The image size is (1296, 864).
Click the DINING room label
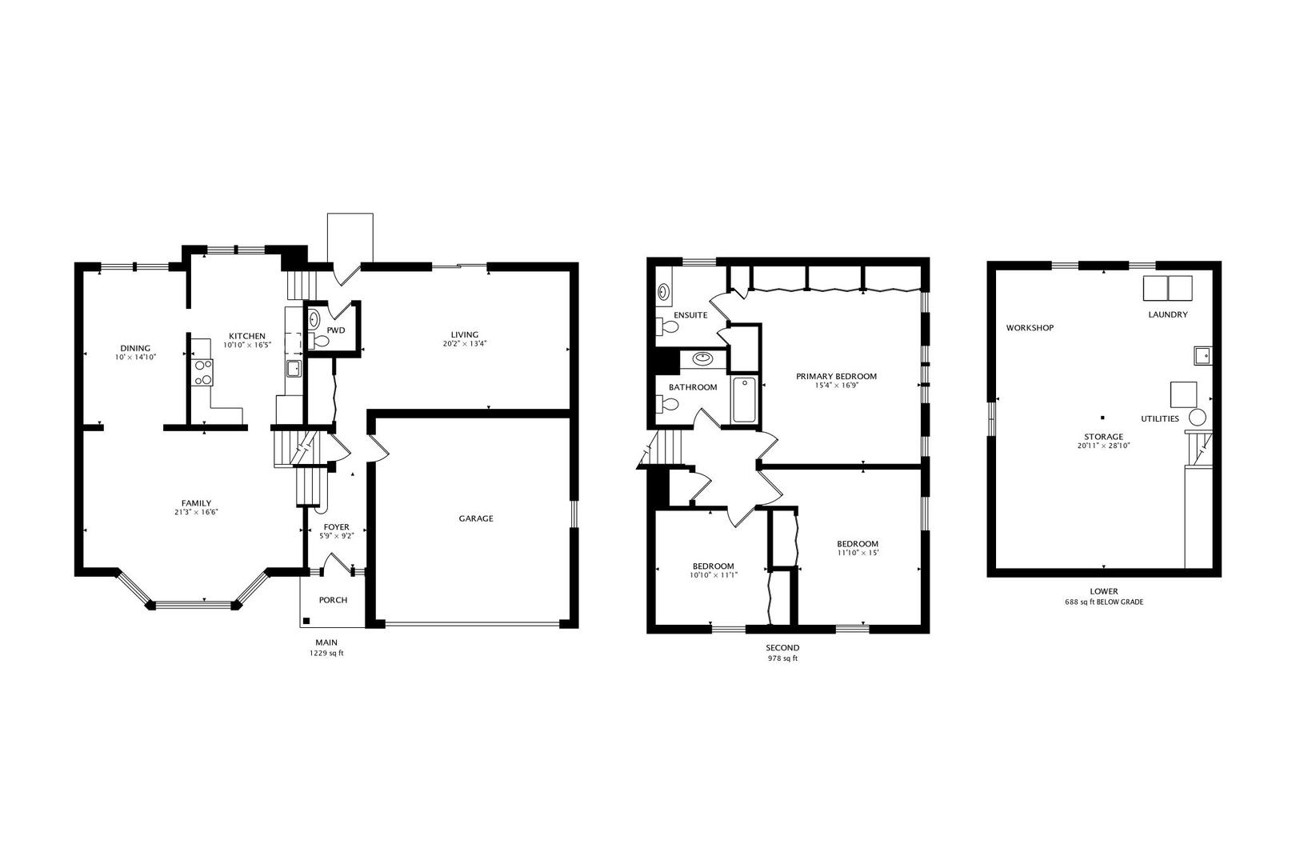pos(135,348)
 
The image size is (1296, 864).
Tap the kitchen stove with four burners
pos(203,373)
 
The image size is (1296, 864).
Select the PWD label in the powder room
pos(335,330)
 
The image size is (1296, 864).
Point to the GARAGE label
pos(476,518)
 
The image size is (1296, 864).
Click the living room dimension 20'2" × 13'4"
pos(465,343)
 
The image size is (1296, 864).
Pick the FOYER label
pos(336,526)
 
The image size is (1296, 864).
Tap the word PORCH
pos(334,600)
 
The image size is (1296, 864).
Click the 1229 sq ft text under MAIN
pos(326,654)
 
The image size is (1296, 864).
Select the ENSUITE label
pos(690,315)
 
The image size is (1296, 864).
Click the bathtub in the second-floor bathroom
pos(744,400)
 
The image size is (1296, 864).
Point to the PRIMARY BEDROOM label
pos(836,376)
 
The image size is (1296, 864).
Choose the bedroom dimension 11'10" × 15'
pos(858,553)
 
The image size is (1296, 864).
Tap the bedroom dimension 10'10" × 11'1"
pos(714,574)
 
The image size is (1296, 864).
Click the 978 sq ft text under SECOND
pos(782,658)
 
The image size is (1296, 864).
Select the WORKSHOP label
pos(1030,327)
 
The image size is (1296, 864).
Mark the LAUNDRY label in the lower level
pos(1167,314)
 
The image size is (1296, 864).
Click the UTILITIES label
pos(1159,418)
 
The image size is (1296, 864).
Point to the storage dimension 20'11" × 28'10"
pos(1103,446)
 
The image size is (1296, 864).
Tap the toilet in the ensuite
pos(666,327)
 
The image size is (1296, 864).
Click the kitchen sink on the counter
pos(294,369)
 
